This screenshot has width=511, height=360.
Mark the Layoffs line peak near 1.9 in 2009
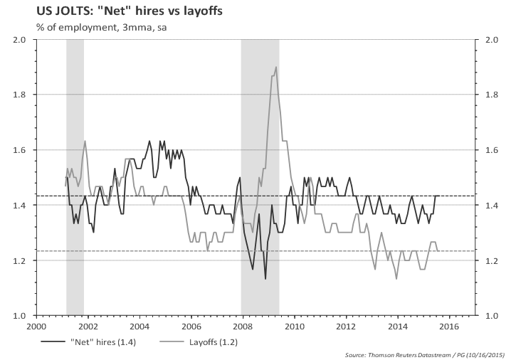275,68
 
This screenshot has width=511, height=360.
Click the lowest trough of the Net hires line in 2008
265,277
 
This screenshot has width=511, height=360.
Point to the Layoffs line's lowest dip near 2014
396,278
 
